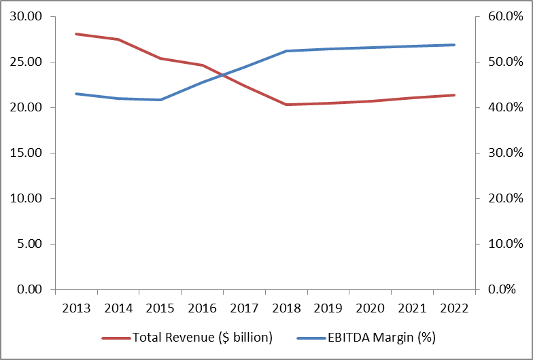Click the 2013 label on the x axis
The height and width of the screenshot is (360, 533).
(x=76, y=308)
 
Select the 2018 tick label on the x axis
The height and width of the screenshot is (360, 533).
(x=286, y=308)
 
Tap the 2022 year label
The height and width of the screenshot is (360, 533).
(x=454, y=308)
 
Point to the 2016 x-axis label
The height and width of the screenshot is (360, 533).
(x=203, y=308)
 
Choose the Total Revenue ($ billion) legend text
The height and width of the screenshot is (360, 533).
(x=202, y=338)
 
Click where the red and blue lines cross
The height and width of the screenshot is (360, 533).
(x=223, y=75)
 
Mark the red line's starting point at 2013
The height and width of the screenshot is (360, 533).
(x=76, y=34)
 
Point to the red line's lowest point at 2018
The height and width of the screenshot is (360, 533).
(x=286, y=105)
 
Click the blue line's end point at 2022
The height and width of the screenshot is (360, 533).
(x=454, y=45)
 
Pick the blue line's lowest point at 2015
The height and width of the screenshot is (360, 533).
(x=160, y=100)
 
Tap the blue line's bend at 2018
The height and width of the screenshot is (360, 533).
(x=286, y=51)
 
